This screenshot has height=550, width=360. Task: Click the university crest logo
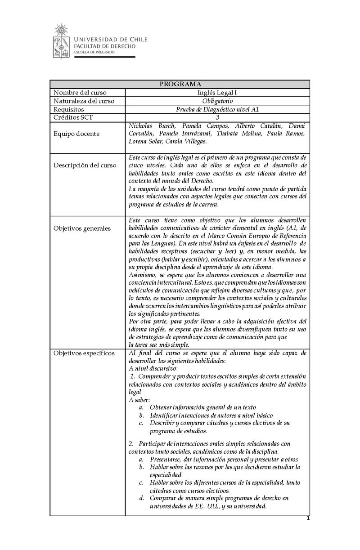(62, 40)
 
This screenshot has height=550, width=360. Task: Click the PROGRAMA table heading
(180, 84)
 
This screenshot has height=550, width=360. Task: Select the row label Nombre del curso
(80, 93)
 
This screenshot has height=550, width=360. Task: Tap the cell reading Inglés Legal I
(217, 93)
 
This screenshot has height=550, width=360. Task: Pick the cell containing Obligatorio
(217, 101)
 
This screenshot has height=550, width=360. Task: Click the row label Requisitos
(69, 109)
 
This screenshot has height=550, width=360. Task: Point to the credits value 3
(217, 117)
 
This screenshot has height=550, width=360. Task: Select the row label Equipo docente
(76, 134)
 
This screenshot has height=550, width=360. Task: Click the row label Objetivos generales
(82, 228)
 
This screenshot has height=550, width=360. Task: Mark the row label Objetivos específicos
(84, 353)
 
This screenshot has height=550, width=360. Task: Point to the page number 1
(308, 519)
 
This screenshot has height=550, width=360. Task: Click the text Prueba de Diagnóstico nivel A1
(217, 109)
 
